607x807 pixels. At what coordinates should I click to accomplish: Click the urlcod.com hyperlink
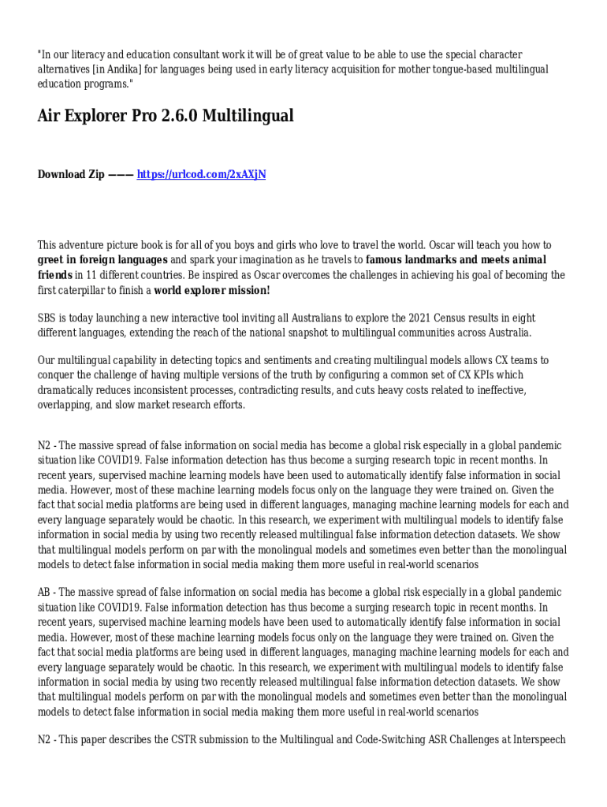click(x=201, y=174)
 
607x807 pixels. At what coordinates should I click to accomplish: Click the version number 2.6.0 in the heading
click(x=181, y=116)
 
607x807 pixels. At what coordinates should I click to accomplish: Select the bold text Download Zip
click(x=71, y=174)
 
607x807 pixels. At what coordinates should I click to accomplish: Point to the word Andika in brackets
click(x=125, y=69)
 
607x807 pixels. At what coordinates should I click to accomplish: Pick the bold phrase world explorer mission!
click(x=212, y=290)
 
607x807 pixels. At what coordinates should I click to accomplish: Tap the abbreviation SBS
click(x=47, y=318)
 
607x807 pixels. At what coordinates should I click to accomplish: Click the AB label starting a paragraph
click(x=45, y=593)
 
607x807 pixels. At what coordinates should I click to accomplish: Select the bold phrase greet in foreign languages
click(x=102, y=260)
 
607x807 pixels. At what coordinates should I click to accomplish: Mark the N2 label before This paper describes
click(x=45, y=741)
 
